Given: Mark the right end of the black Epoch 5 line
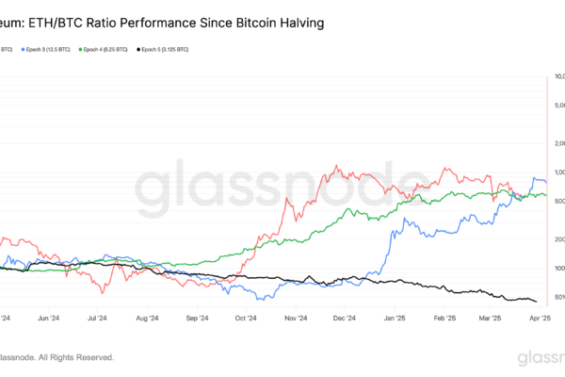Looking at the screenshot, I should pyautogui.click(x=537, y=302).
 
